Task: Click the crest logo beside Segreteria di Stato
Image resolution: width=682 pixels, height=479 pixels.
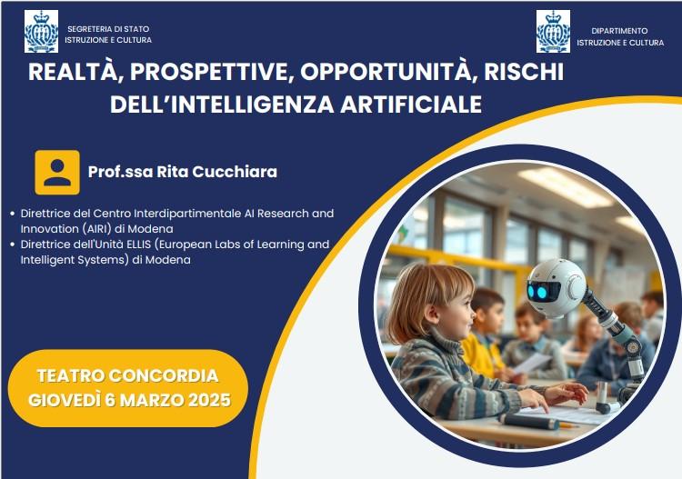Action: coord(41,32)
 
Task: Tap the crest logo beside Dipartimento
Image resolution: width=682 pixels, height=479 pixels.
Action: coord(553,32)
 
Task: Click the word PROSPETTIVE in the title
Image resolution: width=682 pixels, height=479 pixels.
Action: coord(209,72)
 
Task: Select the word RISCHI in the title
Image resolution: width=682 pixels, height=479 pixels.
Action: coord(524,71)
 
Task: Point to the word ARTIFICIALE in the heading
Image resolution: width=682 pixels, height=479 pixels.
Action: coord(411,105)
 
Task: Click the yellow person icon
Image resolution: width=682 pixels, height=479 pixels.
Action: coord(57,172)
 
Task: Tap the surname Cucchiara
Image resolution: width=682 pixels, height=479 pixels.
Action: coord(235,172)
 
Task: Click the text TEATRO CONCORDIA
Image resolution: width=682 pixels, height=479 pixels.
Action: coord(127,376)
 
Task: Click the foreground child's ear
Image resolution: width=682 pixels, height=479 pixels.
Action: coord(433,314)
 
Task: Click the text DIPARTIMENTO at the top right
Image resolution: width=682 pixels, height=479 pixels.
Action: coord(619,31)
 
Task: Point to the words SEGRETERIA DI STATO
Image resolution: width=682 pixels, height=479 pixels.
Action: coord(108,29)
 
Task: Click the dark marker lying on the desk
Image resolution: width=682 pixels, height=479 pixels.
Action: coord(528,421)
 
